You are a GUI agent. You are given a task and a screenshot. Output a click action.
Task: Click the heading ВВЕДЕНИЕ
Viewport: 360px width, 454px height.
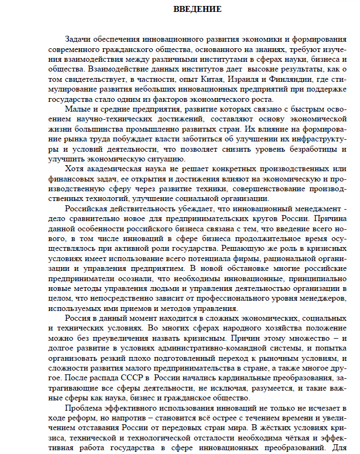[197, 9]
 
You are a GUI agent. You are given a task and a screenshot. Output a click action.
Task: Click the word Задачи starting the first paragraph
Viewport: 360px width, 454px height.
[77, 40]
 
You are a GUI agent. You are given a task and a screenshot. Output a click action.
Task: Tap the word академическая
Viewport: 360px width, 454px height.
[120, 168]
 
